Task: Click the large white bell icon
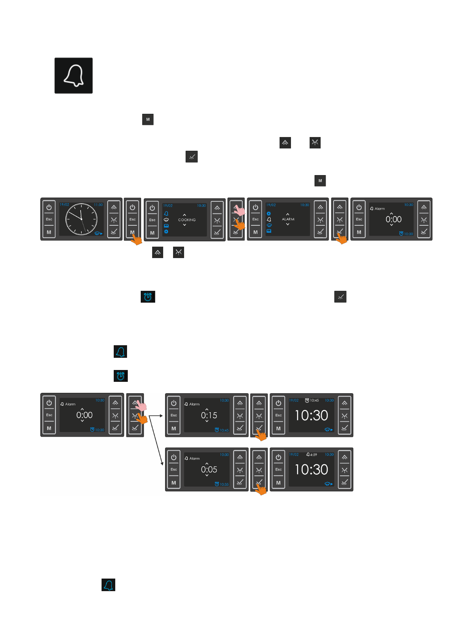point(73,75)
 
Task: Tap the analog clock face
point(81,219)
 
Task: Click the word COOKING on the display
point(187,220)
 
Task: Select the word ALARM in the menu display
point(288,219)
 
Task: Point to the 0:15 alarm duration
point(209,415)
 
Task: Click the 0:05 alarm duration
point(209,470)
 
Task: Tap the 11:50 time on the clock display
point(98,205)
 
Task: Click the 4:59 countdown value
point(313,455)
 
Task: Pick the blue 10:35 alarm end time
point(224,485)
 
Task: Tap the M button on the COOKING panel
point(152,233)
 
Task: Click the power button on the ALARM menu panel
point(255,207)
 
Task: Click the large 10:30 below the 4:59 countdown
point(311,470)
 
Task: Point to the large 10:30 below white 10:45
point(311,415)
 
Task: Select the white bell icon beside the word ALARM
point(269,220)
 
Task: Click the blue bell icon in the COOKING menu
point(166,214)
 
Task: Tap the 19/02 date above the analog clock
point(64,205)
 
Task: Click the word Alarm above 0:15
point(194,404)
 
